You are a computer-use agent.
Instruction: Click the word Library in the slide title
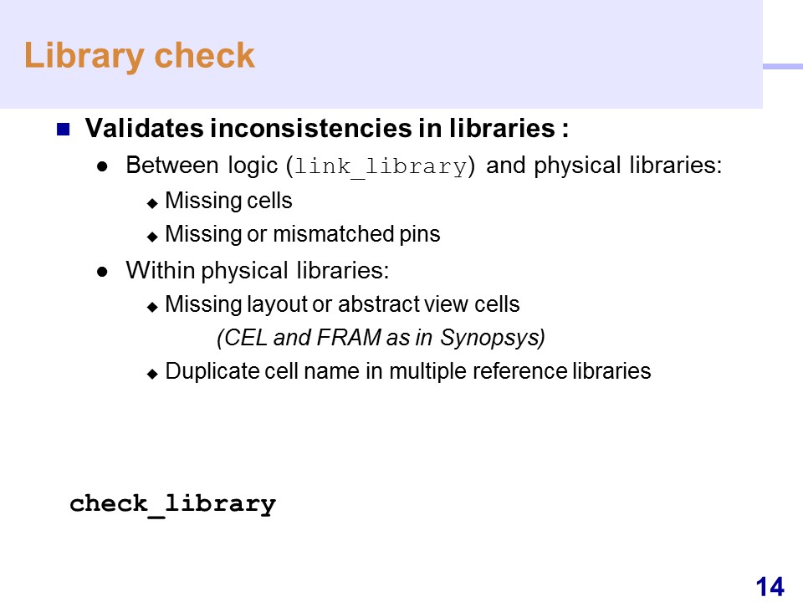(84, 56)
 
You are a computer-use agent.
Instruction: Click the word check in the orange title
(204, 55)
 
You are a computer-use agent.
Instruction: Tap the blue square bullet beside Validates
(63, 129)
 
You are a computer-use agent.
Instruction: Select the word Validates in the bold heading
(144, 128)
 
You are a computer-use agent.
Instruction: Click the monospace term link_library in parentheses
(381, 167)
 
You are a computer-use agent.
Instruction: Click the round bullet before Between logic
(102, 166)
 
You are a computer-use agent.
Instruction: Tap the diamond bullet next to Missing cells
(152, 203)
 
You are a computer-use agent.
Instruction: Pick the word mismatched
(334, 234)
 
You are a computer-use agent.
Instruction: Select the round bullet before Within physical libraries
(102, 271)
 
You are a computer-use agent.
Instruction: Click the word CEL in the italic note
(243, 337)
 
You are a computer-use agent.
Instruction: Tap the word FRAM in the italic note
(349, 337)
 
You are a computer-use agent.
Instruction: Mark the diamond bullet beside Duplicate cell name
(152, 375)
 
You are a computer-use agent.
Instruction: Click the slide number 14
(770, 587)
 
